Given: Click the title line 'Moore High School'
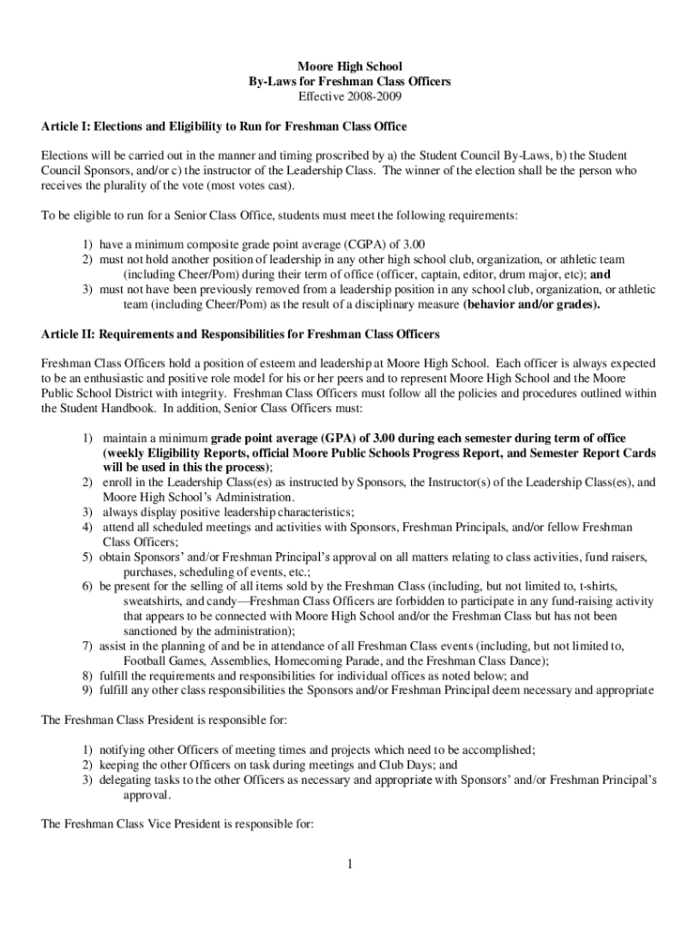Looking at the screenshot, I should coord(349,66).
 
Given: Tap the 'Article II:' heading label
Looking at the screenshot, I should coord(67,333).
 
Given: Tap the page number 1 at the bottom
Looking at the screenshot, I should coord(349,863).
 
